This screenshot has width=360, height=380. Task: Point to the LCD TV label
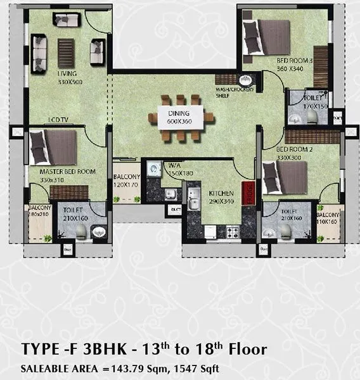(x=59, y=120)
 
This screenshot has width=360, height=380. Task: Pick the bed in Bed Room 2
(x=285, y=177)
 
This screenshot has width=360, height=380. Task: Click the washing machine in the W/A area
(x=155, y=169)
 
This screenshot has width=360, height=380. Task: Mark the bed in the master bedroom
(x=54, y=148)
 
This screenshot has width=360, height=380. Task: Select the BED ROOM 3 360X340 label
(x=291, y=65)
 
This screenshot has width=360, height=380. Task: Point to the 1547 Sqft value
(x=208, y=367)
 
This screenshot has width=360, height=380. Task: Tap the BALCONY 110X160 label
(x=331, y=218)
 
